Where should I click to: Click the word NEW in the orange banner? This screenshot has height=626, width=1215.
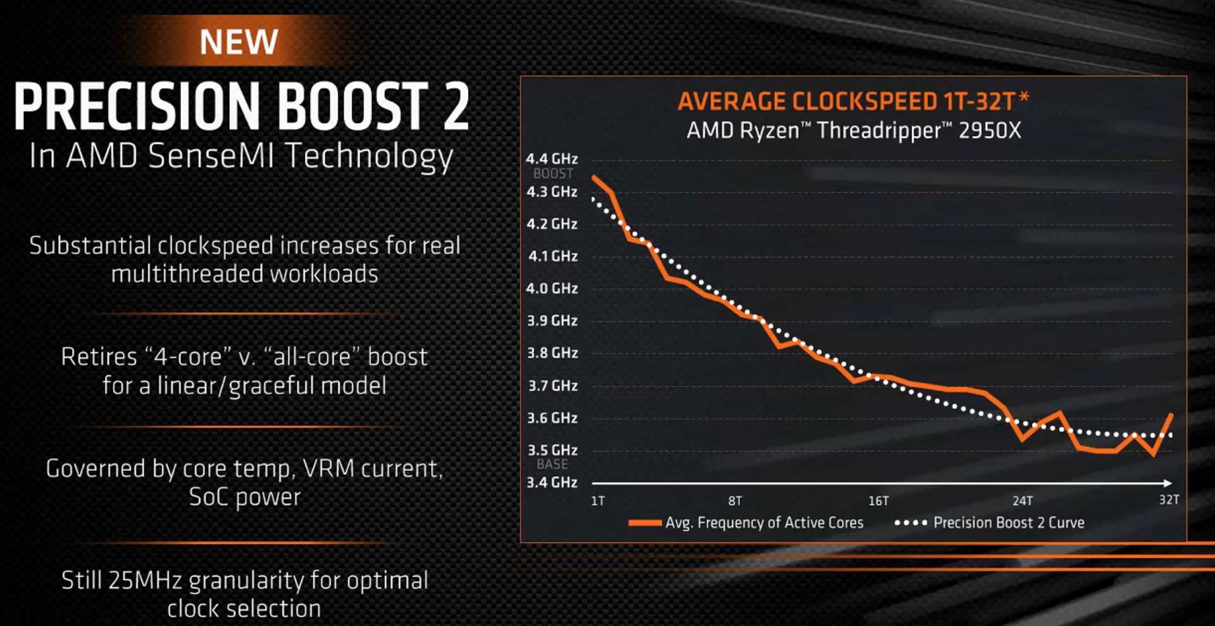point(239,42)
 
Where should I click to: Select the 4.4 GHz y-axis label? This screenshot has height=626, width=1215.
point(552,158)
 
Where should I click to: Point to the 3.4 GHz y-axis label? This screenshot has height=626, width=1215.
point(552,482)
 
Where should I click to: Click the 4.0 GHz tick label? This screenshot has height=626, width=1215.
point(552,288)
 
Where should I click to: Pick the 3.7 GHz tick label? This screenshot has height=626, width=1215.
point(552,385)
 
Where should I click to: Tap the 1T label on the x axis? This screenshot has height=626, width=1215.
point(597,501)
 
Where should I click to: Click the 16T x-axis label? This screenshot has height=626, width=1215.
point(878,501)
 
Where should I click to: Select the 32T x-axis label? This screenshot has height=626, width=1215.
point(1169,500)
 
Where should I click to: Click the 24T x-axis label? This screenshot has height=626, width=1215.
point(1023,501)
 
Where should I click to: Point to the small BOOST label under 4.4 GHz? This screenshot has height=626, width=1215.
point(553,173)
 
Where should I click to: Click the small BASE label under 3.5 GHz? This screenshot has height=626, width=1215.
point(552,464)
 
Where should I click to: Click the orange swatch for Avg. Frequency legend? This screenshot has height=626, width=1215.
point(645,523)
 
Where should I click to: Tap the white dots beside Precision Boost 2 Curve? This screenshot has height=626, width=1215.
point(911,523)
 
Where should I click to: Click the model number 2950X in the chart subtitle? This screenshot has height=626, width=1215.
point(990,130)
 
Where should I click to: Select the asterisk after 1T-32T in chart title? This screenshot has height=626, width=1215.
point(1025,97)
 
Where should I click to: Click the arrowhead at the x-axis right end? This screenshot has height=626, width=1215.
point(1168,484)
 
